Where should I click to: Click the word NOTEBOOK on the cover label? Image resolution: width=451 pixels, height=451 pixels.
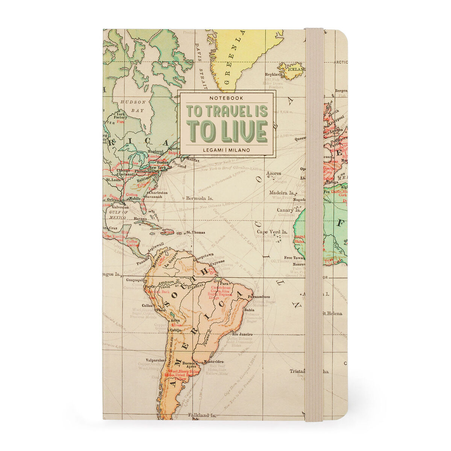coord(226,98)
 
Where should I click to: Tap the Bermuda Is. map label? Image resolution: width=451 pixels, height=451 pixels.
coord(199,198)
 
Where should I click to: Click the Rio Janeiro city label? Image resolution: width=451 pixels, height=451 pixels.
coord(242,334)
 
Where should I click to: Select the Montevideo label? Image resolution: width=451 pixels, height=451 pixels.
coord(213,362)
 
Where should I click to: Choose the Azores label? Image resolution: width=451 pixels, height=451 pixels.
coord(273,174)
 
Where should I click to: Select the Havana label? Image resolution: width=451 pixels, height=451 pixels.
coord(140,219)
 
